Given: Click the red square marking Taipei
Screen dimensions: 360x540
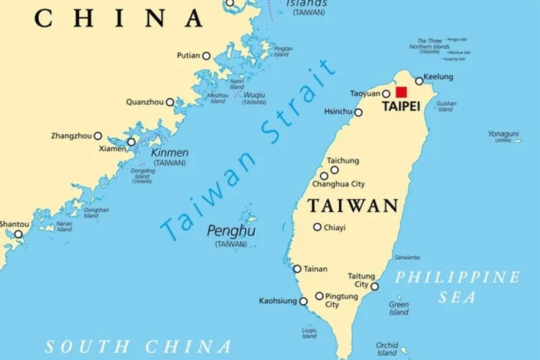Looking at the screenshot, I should point(401,92).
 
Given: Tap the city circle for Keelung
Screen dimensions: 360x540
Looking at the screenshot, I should point(419,81).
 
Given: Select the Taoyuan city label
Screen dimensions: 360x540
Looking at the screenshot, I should point(365,94).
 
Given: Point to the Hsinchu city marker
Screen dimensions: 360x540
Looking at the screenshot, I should point(359,112).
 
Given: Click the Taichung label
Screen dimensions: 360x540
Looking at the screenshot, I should point(343,161).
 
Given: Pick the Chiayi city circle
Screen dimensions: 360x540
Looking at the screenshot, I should point(318,227).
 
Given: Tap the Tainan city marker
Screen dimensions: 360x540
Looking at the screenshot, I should point(297,269).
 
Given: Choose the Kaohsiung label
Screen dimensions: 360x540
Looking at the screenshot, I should point(278,301).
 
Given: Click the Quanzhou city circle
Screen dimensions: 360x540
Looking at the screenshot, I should point(170,102).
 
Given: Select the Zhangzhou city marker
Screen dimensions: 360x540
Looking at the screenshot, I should point(98,135).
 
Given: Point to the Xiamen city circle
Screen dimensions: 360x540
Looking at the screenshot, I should point(131,142).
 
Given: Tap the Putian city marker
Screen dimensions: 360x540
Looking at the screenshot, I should point(206,55).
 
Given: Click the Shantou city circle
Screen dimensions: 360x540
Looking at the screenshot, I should point(19,234).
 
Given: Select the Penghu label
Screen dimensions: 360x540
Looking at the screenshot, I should point(231,231).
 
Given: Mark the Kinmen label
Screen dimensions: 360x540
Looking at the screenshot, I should point(170,153).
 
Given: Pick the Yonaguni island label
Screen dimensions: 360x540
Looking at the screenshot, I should point(503,134).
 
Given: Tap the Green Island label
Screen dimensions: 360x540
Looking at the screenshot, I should point(399,308).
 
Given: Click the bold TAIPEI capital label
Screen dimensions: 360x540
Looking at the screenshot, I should point(401,105).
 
